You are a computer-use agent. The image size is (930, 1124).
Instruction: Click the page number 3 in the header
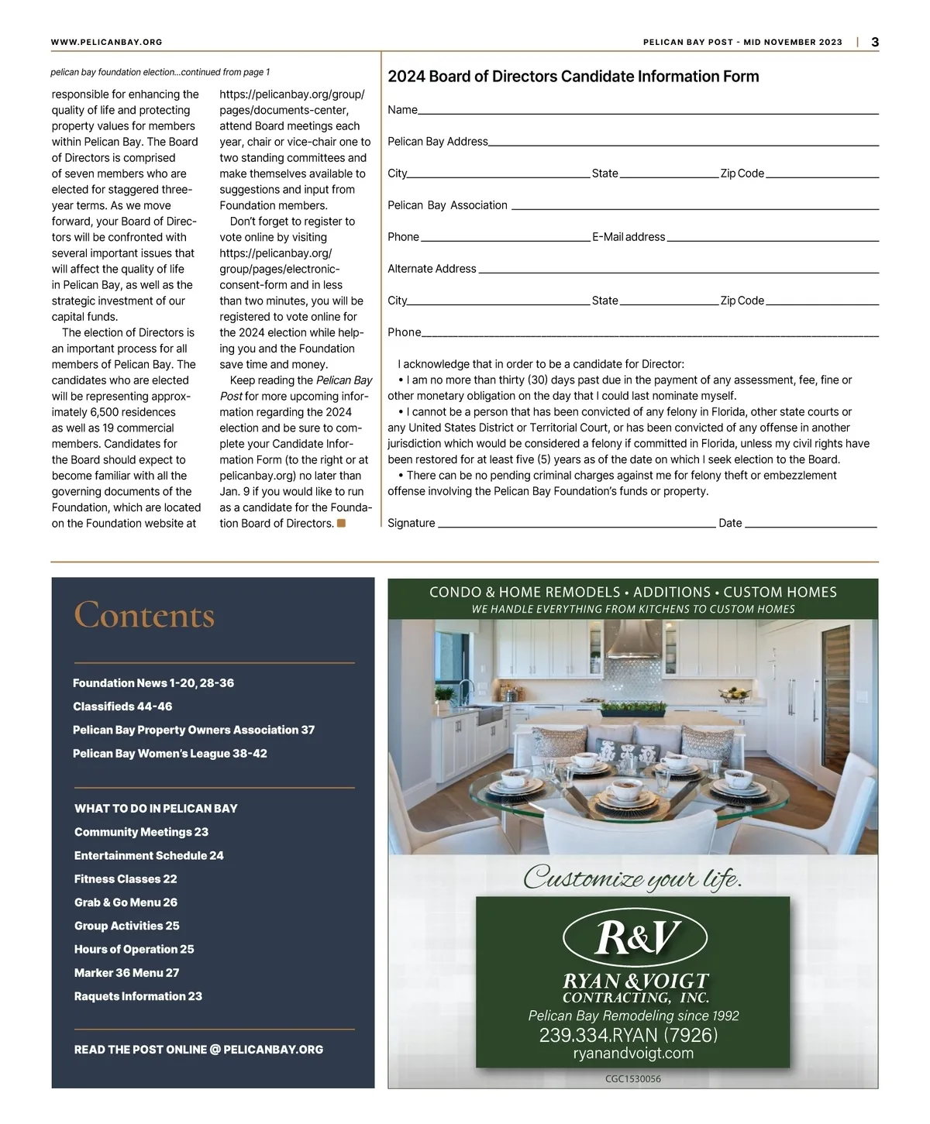point(875,43)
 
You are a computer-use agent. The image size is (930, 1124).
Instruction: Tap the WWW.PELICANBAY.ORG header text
point(106,43)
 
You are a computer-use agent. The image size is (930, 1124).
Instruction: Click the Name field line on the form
point(647,113)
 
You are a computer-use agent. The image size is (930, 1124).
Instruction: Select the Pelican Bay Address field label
point(438,142)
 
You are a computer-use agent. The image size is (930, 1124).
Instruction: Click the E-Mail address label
point(629,237)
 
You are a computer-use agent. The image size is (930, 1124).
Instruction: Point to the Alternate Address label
point(432,269)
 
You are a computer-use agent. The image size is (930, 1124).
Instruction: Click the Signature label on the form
point(412,523)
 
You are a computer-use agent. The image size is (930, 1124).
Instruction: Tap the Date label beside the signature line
point(730,523)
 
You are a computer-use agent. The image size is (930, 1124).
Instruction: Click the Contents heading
point(144,615)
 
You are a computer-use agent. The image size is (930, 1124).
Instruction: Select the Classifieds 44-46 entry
point(122,706)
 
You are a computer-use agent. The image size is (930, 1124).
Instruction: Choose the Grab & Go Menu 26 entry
point(126,902)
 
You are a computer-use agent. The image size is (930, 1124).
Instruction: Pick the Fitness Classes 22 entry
point(126,879)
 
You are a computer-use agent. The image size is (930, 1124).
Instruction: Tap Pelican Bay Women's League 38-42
point(170,754)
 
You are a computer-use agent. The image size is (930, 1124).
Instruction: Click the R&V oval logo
point(635,937)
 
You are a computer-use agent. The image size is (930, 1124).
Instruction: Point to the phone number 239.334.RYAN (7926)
point(629,1035)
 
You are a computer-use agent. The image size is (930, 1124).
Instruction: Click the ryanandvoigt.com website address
point(633,1054)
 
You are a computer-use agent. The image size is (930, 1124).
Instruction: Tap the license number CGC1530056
point(633,1078)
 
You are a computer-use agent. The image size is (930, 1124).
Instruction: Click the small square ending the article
point(341,524)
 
